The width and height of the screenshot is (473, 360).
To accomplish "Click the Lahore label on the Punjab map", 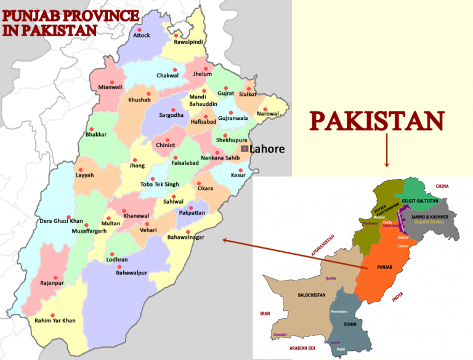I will coord(267,149).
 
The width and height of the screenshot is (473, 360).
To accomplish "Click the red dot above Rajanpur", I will coord(55,277).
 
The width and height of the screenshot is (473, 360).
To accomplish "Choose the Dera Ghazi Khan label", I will coord(61,220).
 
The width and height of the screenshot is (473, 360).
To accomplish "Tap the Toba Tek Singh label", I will coord(160,184).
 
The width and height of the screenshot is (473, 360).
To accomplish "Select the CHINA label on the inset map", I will coord(442,186).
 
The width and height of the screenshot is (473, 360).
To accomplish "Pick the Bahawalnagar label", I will coord(185,236).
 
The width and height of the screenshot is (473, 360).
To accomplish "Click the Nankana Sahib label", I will coord(220,158).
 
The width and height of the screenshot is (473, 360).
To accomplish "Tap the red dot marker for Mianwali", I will coord(111,82).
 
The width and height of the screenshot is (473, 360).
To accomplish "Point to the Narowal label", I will coord(267,114).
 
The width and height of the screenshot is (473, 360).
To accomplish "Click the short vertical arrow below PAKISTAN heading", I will coord(386,151).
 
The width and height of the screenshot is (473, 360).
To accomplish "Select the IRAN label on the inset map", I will coord(265,314).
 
